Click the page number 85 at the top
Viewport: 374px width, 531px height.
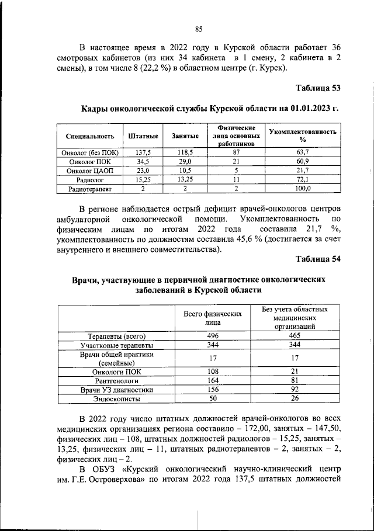tap(198, 29)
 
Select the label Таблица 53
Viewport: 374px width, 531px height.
tap(318, 88)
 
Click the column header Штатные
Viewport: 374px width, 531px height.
tap(143, 136)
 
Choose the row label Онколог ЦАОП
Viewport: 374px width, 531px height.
tap(90, 170)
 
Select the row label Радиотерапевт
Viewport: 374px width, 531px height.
tap(90, 189)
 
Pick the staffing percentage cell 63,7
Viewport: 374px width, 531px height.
tap(302, 151)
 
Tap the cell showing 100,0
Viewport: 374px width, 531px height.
tap(302, 189)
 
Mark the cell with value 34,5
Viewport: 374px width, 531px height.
tap(143, 161)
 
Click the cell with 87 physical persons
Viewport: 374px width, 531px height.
tap(236, 151)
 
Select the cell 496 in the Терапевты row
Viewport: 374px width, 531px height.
tap(213, 336)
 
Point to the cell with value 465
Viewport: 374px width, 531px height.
tap(290, 336)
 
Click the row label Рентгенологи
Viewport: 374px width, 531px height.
tap(117, 380)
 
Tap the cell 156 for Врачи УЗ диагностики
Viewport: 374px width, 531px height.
tap(213, 389)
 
